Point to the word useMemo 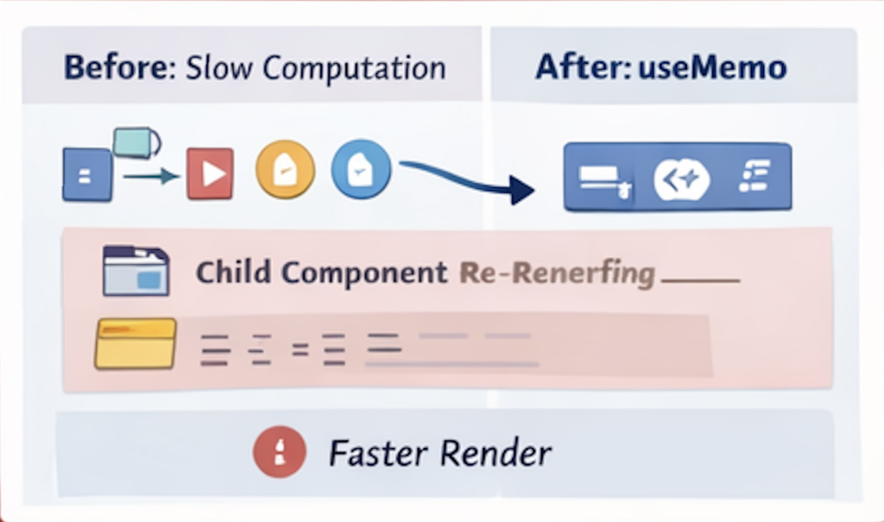(712, 68)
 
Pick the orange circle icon (281, 170)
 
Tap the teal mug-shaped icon (136, 142)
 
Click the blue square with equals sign (86, 175)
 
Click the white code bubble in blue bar (682, 179)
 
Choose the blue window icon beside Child (135, 271)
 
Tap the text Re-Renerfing (557, 274)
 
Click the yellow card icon (135, 343)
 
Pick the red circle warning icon (280, 451)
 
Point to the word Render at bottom (496, 451)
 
